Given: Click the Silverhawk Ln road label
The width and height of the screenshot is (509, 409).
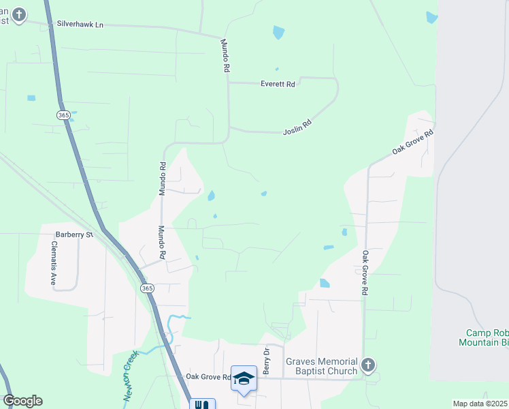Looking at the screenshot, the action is (80, 25).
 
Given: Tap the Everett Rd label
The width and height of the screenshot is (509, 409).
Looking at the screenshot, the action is (278, 85).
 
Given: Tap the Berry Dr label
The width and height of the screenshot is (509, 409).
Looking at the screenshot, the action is (267, 361).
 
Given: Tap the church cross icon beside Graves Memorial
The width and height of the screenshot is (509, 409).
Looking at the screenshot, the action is (368, 365).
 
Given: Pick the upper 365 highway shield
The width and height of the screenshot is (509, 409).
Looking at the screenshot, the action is (63, 116).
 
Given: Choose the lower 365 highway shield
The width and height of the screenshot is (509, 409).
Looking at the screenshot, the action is (148, 289).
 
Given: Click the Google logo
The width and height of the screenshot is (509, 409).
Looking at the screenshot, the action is (22, 401).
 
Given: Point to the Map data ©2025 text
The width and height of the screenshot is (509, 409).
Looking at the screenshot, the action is (480, 404).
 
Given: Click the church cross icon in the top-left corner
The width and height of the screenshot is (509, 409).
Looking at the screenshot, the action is (18, 14).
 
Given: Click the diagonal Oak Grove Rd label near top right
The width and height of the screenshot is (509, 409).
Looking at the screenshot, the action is (412, 141).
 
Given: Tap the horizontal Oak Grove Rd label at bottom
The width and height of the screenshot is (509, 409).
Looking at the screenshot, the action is (209, 376).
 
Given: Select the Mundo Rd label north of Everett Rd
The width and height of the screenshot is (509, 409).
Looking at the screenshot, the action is (225, 55).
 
